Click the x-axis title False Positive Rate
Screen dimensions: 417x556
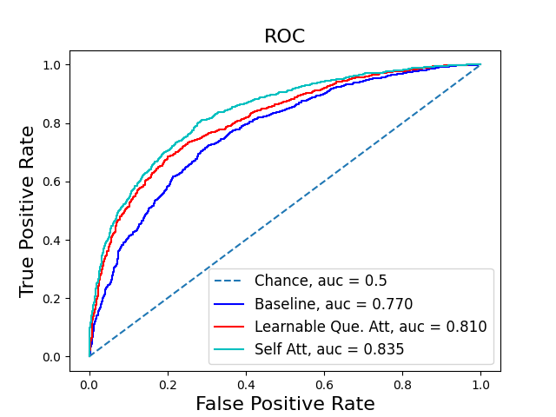285,404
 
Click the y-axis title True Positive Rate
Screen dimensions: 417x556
27,211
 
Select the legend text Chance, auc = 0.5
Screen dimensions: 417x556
321,281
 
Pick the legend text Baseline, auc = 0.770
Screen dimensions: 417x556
333,304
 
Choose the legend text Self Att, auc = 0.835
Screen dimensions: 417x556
329,349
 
